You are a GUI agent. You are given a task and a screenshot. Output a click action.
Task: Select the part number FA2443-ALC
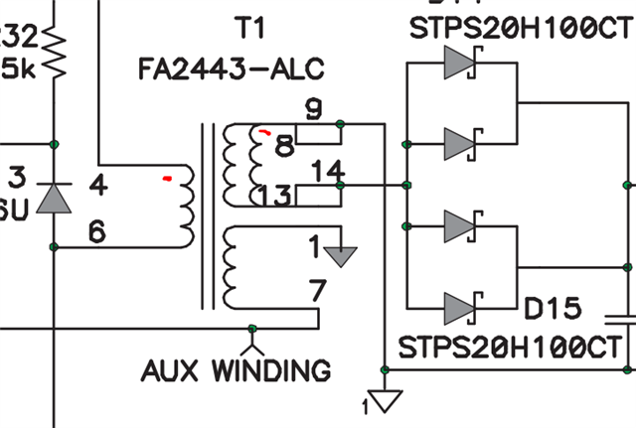point(231,69)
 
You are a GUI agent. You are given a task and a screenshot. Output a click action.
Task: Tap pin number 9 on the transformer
point(313,109)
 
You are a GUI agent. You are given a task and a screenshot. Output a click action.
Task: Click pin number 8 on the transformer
point(284,147)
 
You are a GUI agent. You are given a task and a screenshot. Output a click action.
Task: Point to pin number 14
point(328,171)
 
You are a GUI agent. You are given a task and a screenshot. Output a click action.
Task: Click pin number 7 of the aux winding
point(317,292)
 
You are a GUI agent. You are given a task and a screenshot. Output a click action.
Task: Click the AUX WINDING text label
point(236,370)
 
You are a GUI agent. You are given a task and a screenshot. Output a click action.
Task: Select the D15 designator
point(552,310)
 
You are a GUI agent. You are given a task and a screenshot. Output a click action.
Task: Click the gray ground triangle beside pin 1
point(341,255)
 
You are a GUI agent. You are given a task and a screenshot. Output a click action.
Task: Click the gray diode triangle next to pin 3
point(54,198)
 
